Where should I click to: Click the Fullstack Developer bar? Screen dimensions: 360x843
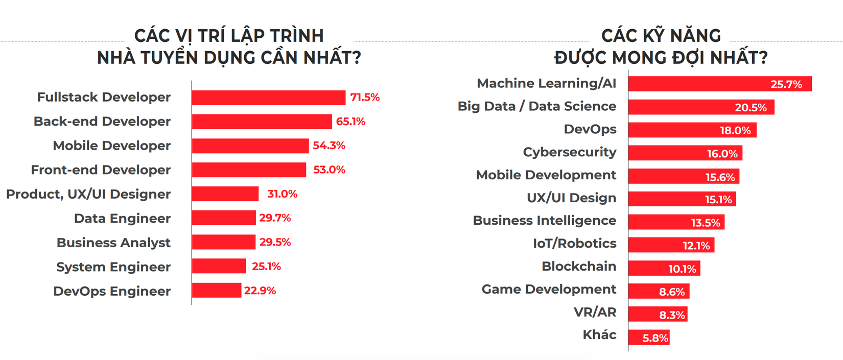point(268,98)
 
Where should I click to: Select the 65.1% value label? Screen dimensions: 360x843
point(350,122)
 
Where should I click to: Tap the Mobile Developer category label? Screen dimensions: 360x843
point(111,146)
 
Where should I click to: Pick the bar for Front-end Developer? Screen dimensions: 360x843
point(249,170)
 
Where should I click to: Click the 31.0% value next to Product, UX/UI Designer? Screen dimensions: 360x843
point(282,194)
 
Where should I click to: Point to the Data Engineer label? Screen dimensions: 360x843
point(122,218)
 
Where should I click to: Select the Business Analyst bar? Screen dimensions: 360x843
point(223,242)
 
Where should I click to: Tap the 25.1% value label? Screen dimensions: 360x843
point(266,267)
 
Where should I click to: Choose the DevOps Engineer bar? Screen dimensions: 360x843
point(216,290)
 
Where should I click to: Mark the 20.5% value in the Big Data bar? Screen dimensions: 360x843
point(751,108)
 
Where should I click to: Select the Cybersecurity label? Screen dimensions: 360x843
point(569,152)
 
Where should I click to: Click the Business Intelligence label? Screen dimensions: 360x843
point(544,221)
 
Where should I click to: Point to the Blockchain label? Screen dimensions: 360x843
point(579,266)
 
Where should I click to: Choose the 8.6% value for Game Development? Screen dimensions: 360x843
point(671,292)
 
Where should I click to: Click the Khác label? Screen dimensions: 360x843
point(599,335)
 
